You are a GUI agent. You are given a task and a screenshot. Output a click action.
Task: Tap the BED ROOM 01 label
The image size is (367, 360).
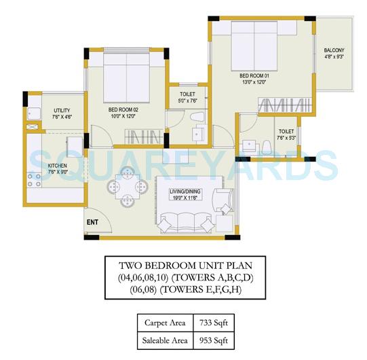click(x=254, y=76)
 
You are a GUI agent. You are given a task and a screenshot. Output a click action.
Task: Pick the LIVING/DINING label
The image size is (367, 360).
click(x=186, y=192)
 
